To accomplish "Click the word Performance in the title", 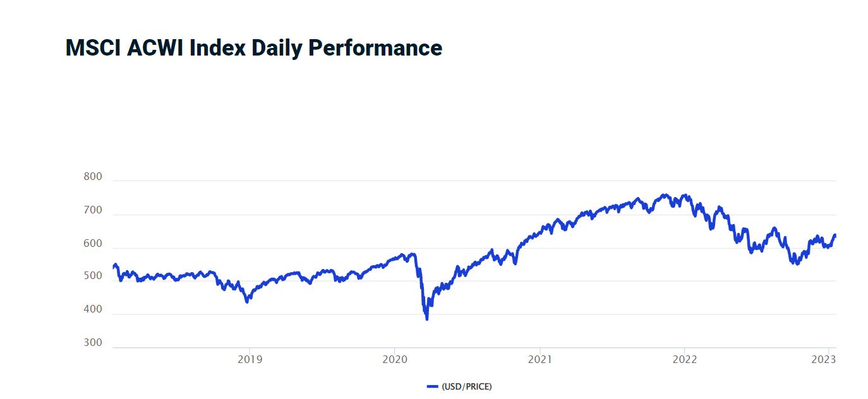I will tap(375, 48).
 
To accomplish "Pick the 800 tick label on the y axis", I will tap(93, 177).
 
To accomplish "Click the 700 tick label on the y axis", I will tap(93, 210).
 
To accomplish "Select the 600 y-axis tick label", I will tap(93, 244).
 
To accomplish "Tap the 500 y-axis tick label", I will tap(93, 277).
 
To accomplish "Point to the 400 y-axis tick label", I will tap(93, 310).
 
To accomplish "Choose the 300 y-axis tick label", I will tap(93, 343).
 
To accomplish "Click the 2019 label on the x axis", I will tap(250, 360).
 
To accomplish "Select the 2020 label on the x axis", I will tap(394, 360).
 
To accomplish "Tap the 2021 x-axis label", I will tap(540, 360).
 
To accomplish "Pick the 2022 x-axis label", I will tap(685, 360).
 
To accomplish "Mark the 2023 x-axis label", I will tap(824, 360).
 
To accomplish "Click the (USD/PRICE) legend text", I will tap(466, 386).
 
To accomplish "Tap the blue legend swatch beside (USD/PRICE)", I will tap(432, 386).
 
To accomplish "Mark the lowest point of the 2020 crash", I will tap(427, 319).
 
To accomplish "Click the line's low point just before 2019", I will tap(247, 302).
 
